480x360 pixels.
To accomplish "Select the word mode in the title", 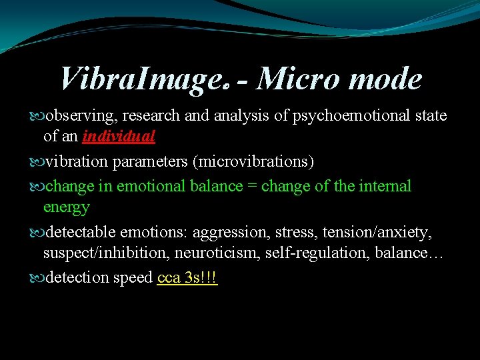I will (386, 79).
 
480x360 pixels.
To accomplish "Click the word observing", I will (77, 115).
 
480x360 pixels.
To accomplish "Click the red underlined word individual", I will (119, 137).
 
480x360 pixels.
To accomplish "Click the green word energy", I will (66, 207).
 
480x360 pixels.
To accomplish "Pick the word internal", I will (386, 186).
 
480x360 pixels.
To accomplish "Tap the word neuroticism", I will (207, 253).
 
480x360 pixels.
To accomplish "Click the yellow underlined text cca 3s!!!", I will (188, 278).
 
